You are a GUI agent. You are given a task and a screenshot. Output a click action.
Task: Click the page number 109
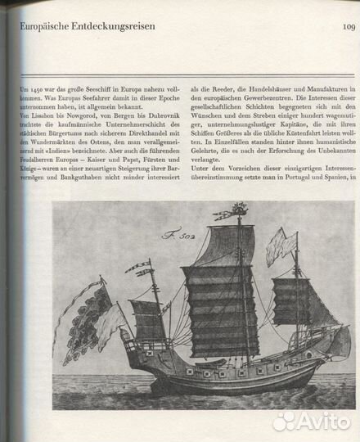(x=342, y=27)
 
